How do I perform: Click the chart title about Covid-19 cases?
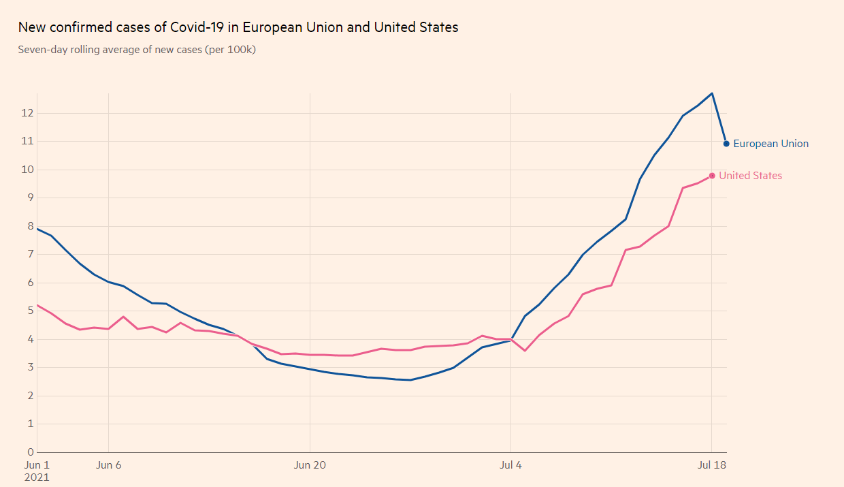coord(238,28)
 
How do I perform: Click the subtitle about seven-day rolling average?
coord(137,50)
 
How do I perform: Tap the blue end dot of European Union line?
coord(726,144)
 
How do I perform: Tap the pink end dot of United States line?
coord(712,176)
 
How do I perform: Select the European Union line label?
coord(770,144)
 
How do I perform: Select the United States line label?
coord(750,176)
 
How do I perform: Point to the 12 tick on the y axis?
coord(27,113)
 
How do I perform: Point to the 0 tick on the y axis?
coord(31,452)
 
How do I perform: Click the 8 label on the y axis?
coord(31,226)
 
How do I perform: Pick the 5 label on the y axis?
coord(31,311)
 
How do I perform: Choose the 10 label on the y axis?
coord(27,170)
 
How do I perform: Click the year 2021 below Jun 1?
coord(37,477)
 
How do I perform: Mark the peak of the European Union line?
coord(712,93)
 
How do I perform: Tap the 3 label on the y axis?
coord(31,367)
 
